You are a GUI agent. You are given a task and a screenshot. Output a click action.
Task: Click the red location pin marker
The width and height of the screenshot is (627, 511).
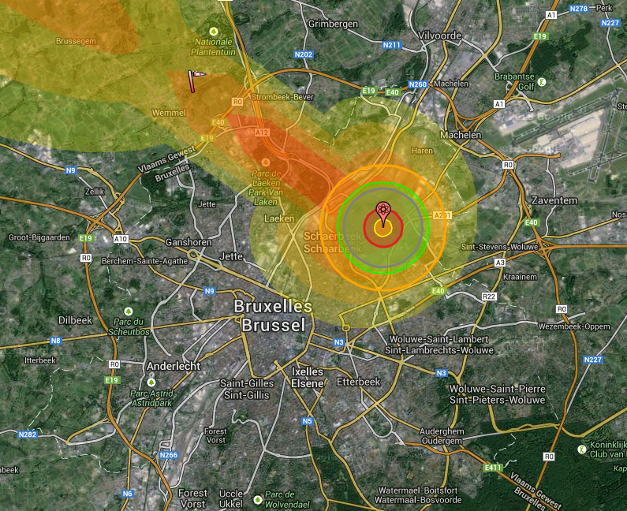(383, 211)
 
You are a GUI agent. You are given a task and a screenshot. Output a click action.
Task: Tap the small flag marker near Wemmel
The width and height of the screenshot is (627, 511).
(195, 76)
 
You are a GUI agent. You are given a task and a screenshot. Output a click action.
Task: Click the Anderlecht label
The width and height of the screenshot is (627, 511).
(174, 366)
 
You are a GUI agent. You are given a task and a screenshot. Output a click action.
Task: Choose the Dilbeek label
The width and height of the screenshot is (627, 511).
(76, 319)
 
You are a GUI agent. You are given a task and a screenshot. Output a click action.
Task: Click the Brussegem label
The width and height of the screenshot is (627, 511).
(76, 40)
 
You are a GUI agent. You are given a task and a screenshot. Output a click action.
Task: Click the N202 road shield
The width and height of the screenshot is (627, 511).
(304, 54)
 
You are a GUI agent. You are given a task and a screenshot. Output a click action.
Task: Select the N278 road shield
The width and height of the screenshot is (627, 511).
(579, 9)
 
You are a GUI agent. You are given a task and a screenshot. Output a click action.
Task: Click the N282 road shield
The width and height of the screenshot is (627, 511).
(28, 435)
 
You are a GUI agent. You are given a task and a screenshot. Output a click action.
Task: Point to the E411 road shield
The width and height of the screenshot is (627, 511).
(494, 468)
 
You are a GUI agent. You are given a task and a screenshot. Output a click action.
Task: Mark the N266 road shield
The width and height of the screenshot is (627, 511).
(168, 455)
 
